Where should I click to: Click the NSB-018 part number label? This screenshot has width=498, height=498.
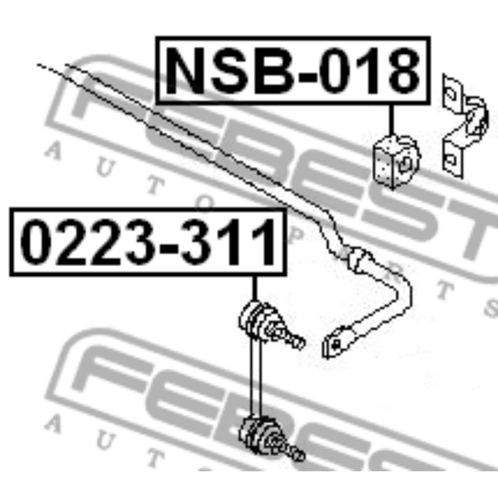(x=293, y=70)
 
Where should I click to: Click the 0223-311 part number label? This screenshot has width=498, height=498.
(x=148, y=242)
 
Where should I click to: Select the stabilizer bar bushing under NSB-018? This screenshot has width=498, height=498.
(x=396, y=162)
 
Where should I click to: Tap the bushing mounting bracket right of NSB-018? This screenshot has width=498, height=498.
(x=465, y=127)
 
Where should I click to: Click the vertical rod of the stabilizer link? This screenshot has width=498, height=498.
(x=255, y=381)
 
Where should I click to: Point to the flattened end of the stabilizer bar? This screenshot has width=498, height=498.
(x=337, y=343)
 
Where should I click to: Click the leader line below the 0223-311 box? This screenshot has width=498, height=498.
(x=255, y=288)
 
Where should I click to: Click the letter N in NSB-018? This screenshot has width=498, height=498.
(x=184, y=70)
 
